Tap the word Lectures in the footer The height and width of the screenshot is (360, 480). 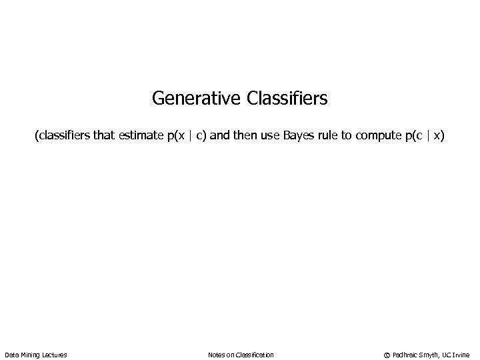(x=54, y=355)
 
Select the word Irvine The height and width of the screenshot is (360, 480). (x=461, y=355)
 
